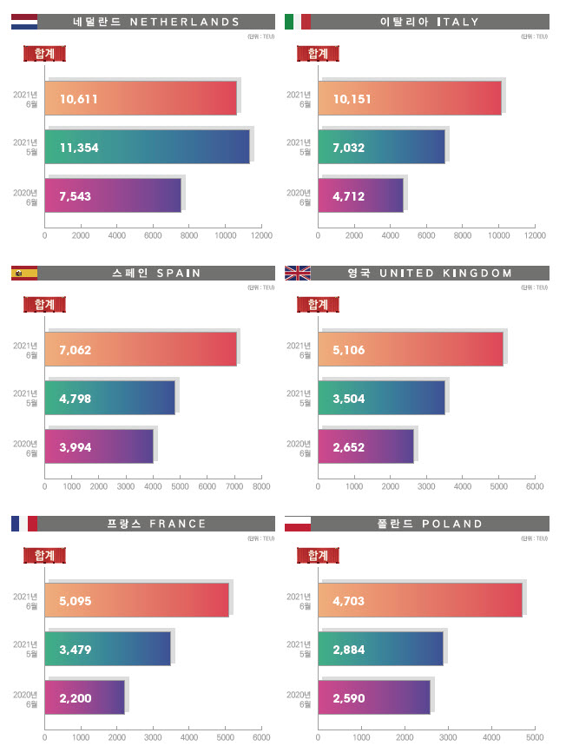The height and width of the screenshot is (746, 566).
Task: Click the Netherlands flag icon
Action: click(x=24, y=22)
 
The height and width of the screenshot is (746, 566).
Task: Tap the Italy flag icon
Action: click(x=297, y=22)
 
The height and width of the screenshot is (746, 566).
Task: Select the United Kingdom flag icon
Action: click(x=297, y=273)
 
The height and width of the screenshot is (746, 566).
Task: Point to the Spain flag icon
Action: click(x=24, y=273)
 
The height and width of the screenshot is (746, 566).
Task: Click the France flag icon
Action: click(x=24, y=523)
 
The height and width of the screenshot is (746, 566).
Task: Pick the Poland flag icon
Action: click(x=297, y=523)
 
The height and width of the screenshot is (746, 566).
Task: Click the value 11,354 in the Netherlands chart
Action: click(x=79, y=148)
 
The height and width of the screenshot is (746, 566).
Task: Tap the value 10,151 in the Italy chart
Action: click(x=352, y=98)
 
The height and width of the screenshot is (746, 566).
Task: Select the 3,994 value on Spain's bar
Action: click(x=75, y=447)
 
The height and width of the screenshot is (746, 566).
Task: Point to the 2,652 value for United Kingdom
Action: click(x=348, y=447)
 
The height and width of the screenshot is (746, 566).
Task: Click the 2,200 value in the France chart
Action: click(x=75, y=697)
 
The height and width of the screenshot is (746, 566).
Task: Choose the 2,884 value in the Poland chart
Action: click(x=348, y=648)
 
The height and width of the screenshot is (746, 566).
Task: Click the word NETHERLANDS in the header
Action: click(x=184, y=22)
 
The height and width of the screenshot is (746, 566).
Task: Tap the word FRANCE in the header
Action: click(x=178, y=524)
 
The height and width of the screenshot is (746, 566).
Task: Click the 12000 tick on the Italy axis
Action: click(x=535, y=234)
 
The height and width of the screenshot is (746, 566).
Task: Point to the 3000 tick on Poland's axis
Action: click(x=448, y=736)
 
